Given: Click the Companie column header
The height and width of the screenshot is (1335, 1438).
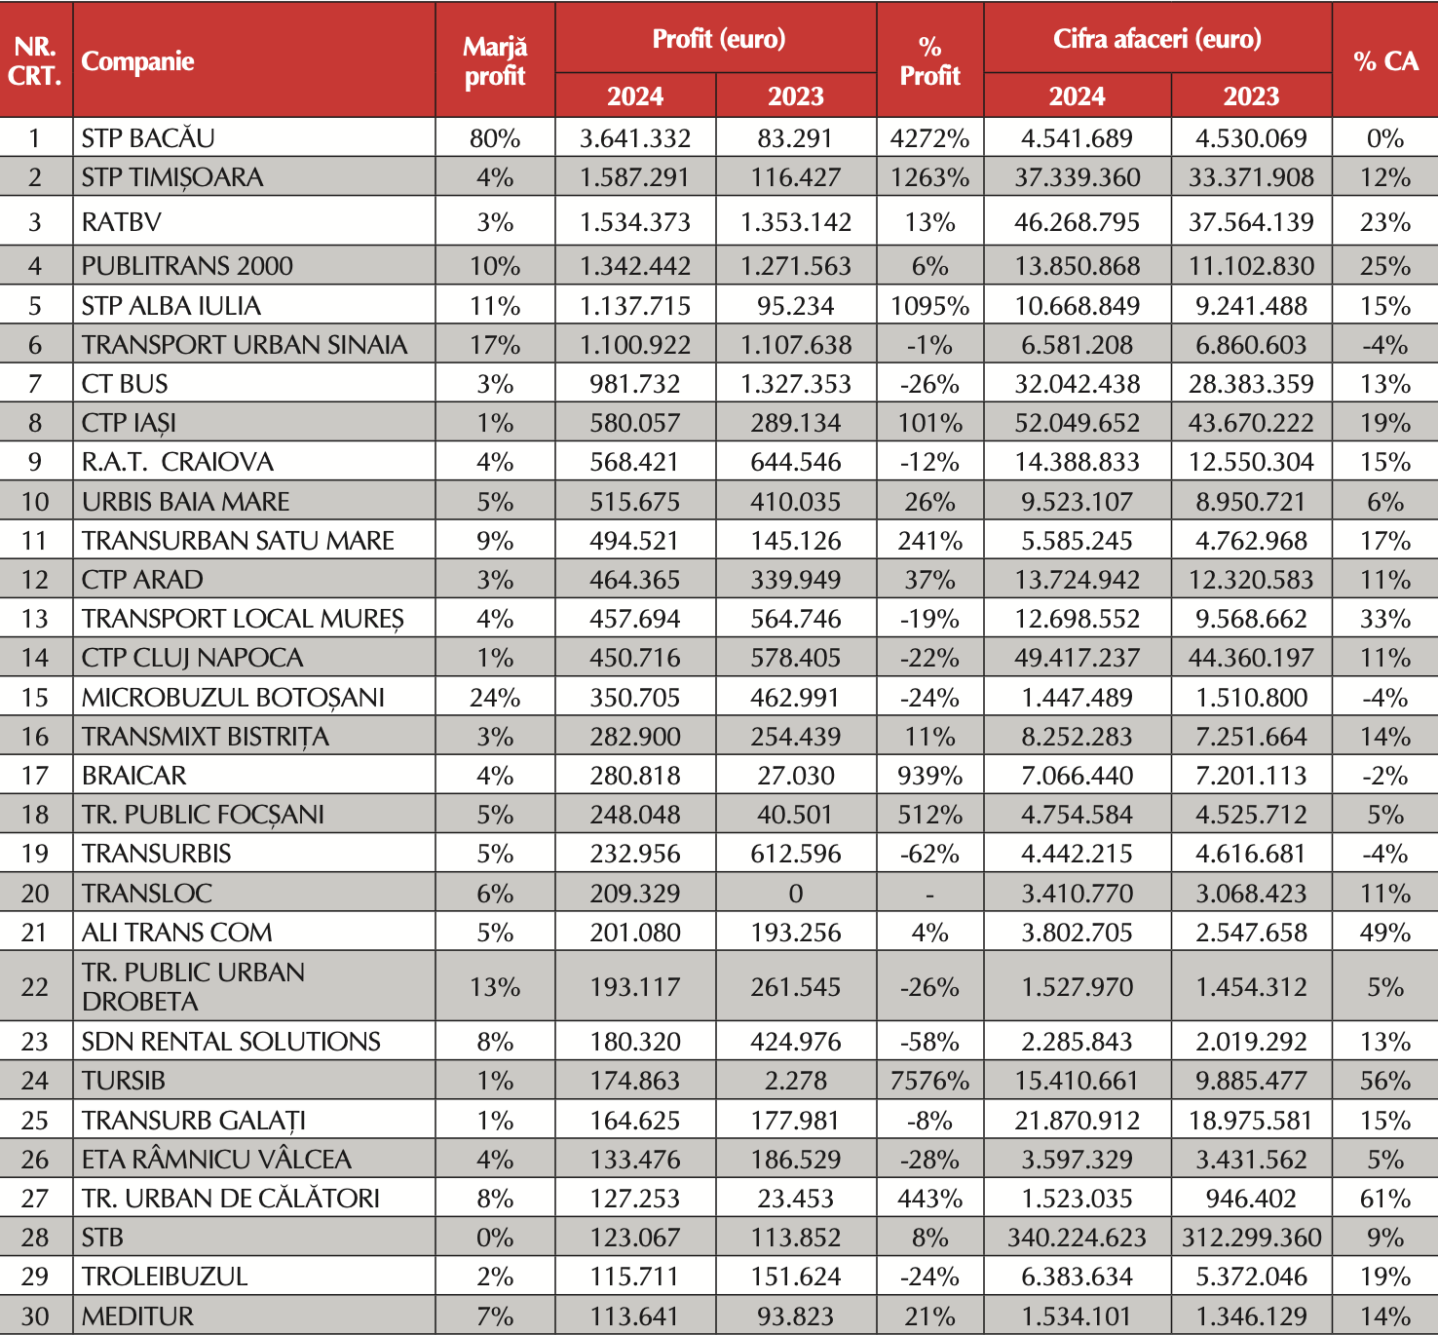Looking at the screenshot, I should (x=137, y=61).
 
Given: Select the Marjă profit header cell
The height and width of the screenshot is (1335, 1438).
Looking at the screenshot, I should (x=495, y=61).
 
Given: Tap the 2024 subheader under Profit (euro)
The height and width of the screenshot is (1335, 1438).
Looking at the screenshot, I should (x=635, y=96).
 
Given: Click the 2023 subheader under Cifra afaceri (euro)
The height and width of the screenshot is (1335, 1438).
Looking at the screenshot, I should (x=1251, y=96).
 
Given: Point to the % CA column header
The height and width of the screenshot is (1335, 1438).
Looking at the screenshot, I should (x=1384, y=61).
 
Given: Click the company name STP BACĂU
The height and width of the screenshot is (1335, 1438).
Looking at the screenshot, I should (x=148, y=138).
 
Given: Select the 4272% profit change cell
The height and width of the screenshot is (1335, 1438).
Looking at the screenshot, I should (x=929, y=138).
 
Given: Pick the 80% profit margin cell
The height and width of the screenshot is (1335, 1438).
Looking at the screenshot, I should (x=495, y=138).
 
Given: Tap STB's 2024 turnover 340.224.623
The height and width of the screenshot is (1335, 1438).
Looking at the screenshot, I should (x=1077, y=1238).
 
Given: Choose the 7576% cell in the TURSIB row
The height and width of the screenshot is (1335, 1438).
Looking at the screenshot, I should (x=929, y=1081).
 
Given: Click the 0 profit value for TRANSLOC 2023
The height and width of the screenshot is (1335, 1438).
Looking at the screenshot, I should (x=796, y=894).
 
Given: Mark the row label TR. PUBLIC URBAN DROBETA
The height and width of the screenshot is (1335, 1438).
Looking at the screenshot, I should (x=193, y=986).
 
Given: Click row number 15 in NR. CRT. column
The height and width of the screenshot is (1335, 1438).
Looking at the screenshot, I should (x=35, y=698).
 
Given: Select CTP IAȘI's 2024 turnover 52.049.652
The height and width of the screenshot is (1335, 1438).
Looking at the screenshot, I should (x=1077, y=423).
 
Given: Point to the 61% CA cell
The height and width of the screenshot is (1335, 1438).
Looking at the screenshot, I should (x=1384, y=1199).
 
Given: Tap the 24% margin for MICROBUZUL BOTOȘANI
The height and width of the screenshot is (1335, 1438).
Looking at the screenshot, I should (x=495, y=698).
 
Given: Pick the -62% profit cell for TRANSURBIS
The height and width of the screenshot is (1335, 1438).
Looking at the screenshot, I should (x=929, y=854).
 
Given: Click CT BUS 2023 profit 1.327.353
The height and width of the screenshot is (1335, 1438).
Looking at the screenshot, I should (x=796, y=384).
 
